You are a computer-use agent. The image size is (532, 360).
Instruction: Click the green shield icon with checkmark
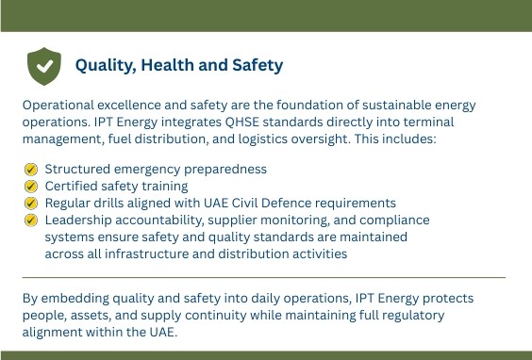point(44,66)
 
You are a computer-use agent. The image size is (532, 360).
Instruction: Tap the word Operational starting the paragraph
point(58,106)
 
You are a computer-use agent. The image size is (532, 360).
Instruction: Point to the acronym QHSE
point(242,123)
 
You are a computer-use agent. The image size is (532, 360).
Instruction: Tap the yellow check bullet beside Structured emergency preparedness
point(31,169)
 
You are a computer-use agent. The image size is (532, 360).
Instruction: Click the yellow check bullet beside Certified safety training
point(31,186)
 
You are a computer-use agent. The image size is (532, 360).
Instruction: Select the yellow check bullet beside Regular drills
point(31,203)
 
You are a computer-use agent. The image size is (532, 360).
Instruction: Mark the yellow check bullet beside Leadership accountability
point(31,220)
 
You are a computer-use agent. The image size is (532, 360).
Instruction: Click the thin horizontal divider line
point(264,277)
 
